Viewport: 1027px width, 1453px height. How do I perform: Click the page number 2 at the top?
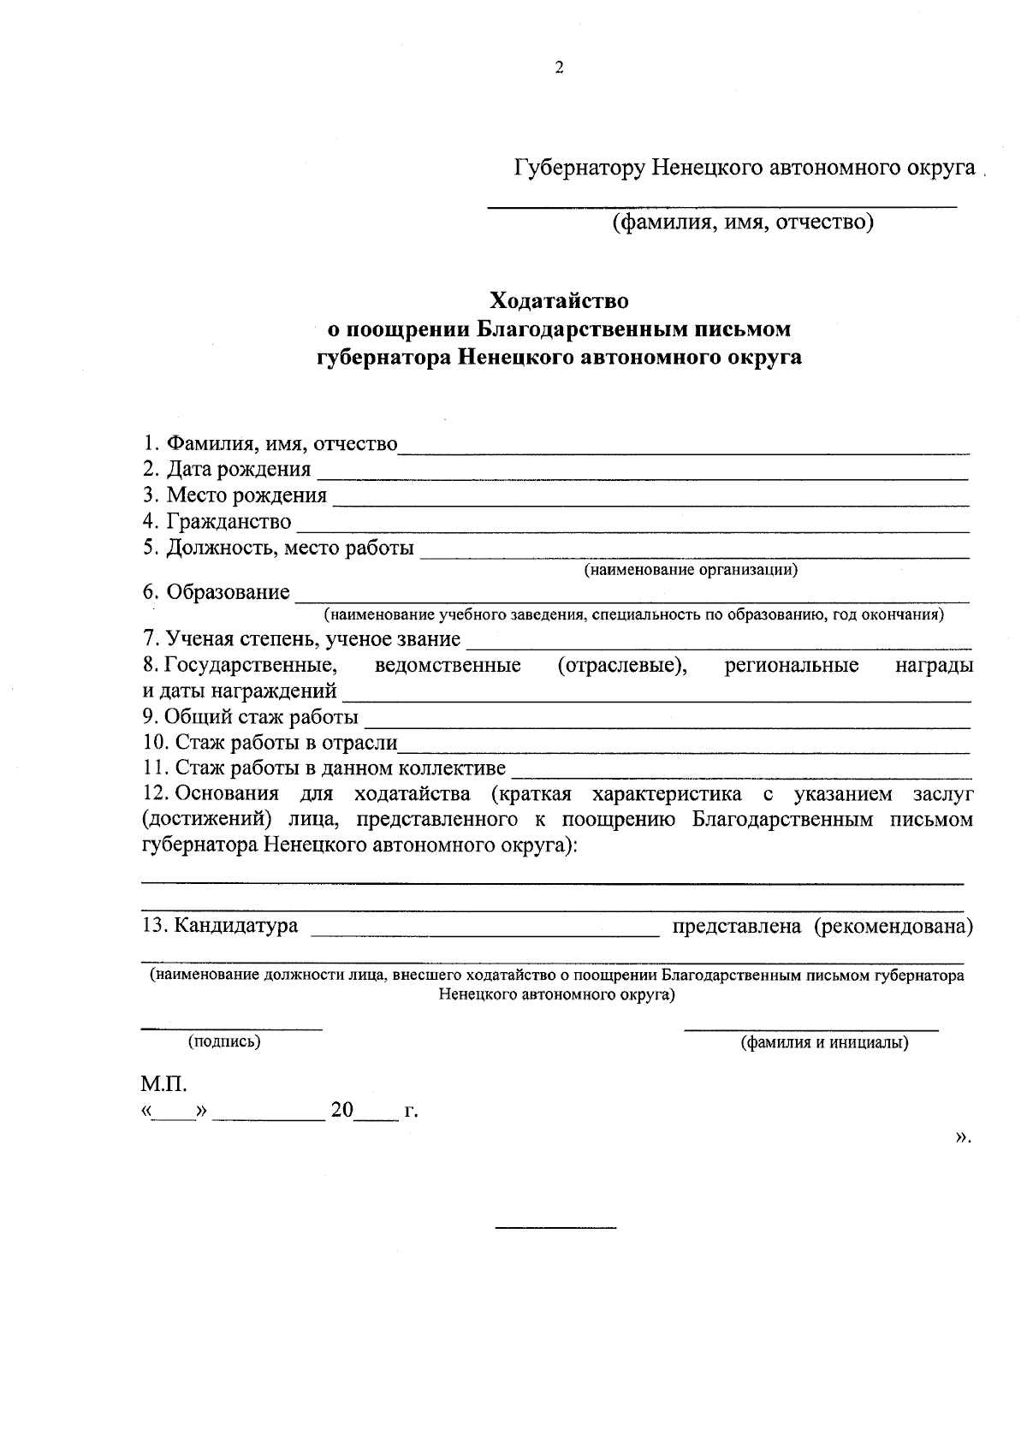tap(559, 68)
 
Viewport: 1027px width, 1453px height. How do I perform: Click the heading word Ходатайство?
tap(558, 301)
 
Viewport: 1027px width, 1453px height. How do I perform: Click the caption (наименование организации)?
tap(691, 570)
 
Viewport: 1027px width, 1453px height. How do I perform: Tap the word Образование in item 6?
tap(228, 592)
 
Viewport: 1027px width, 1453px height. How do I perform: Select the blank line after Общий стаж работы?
tap(668, 725)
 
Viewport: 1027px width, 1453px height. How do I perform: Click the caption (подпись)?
tap(224, 1041)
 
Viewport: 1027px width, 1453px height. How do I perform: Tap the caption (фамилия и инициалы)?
tap(824, 1042)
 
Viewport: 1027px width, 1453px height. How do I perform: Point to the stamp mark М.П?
tap(163, 1085)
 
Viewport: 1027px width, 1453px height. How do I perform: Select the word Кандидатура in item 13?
tap(235, 926)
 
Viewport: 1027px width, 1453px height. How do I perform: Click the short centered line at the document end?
tap(555, 1229)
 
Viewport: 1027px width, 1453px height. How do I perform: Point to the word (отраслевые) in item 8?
tap(622, 666)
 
